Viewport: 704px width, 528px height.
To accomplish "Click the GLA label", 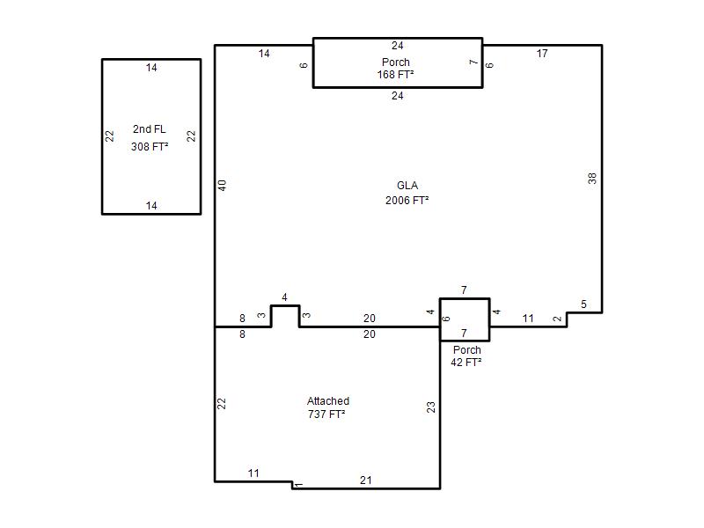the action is point(407,186).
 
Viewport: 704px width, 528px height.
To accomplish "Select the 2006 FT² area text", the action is point(407,201).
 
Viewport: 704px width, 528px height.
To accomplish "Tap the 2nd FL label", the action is point(150,129).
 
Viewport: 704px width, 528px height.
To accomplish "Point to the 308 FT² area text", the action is point(150,147).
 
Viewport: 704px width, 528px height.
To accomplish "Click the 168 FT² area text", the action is point(395,75).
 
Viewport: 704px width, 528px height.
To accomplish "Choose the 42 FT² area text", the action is point(466,363).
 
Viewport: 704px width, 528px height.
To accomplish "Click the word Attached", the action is point(328,401).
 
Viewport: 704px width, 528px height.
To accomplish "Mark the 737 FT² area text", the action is point(326,414).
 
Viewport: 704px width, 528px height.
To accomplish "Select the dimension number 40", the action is point(223,186).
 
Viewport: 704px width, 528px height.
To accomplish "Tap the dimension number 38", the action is point(592,179).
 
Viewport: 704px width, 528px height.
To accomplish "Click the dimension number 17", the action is point(542,54).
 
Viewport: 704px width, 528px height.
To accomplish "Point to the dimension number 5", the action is point(583,304).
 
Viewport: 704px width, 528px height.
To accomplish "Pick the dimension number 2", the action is point(558,319).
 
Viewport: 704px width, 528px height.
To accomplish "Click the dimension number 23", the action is point(431,407).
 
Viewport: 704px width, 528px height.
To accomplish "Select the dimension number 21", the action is point(366,480).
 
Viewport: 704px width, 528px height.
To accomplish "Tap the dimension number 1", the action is point(298,485).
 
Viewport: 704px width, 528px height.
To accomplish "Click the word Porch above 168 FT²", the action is point(395,62).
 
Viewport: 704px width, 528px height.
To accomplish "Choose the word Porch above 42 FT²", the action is point(467,349).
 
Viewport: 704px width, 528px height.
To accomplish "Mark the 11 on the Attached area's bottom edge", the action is point(253,473).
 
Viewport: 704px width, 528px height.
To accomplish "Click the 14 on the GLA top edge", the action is point(264,54).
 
